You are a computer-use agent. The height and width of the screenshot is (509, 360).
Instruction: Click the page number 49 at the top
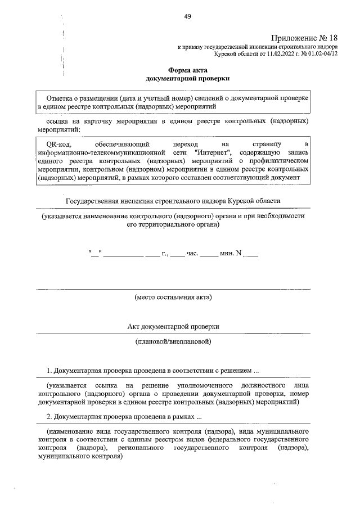point(187,16)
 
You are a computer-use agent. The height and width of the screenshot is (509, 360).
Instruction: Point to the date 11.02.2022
point(269,55)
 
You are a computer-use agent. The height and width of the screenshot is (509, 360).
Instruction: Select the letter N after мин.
point(239,253)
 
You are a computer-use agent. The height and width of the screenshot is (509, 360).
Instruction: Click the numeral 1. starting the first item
point(49,371)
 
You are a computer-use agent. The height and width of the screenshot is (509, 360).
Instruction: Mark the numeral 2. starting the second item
point(49,417)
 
